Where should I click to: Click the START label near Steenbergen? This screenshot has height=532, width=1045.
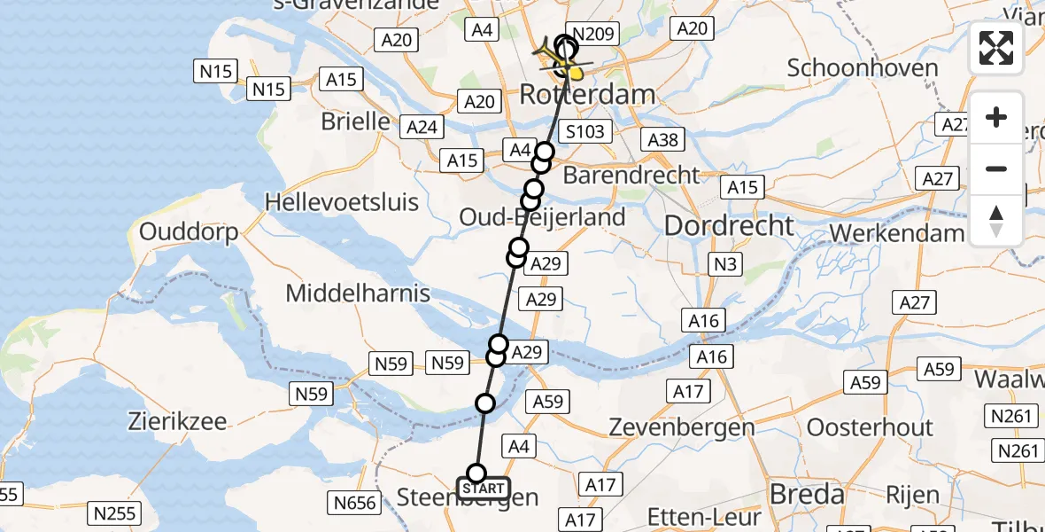tap(484, 489)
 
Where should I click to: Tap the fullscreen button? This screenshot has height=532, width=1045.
tap(996, 48)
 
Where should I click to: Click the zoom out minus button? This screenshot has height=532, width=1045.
tap(996, 168)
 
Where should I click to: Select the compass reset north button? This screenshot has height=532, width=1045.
tap(996, 220)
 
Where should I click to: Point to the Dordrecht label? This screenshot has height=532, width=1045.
tap(729, 225)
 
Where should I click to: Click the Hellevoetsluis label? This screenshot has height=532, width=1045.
tap(342, 202)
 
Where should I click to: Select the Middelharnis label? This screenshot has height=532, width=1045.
tap(359, 293)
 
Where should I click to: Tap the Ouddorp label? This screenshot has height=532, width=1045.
tap(189, 233)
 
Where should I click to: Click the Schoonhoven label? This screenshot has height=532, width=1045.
tap(862, 68)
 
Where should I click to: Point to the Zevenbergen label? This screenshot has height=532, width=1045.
tap(682, 427)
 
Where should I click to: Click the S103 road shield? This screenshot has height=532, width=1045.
tap(585, 132)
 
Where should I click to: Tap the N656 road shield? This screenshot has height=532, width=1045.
tap(355, 504)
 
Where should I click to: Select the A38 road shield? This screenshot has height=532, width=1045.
tap(663, 139)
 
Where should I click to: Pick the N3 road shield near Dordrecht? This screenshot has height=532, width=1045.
tap(724, 263)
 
